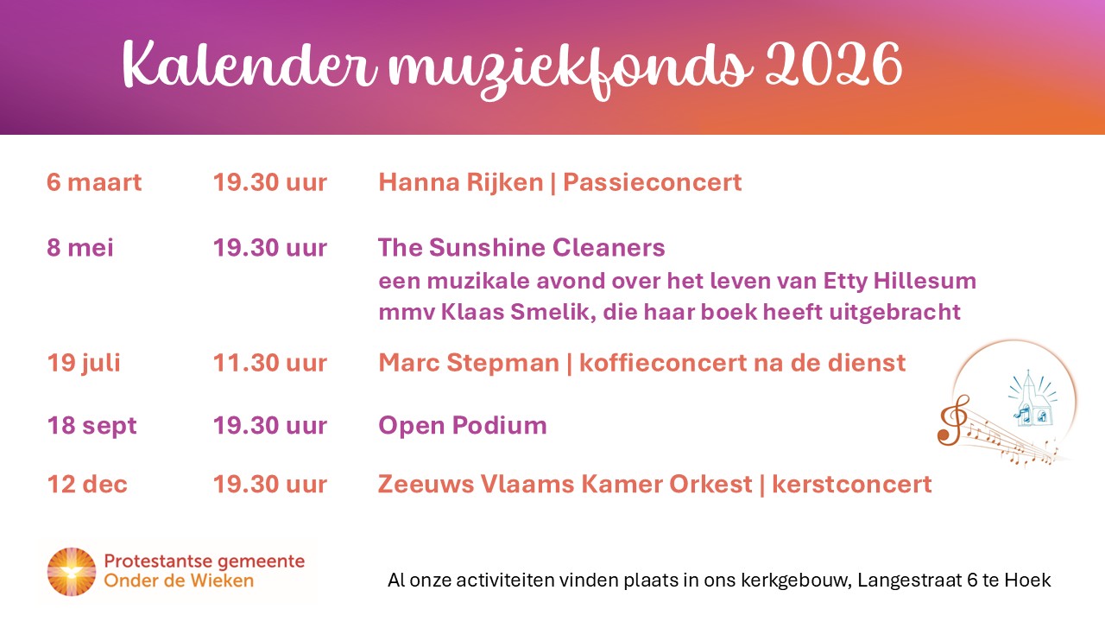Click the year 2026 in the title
834,65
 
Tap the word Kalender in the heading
249,65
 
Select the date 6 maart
94,182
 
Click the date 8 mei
80,247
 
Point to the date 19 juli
84,364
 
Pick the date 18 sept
92,426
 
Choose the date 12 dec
87,484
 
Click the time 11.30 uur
270,363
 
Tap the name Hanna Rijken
461,182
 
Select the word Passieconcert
652,182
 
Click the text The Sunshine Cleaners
521,247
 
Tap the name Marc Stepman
469,363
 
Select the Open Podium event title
462,426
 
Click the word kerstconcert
851,484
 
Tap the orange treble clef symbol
953,420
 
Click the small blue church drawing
1033,400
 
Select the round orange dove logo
72,572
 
